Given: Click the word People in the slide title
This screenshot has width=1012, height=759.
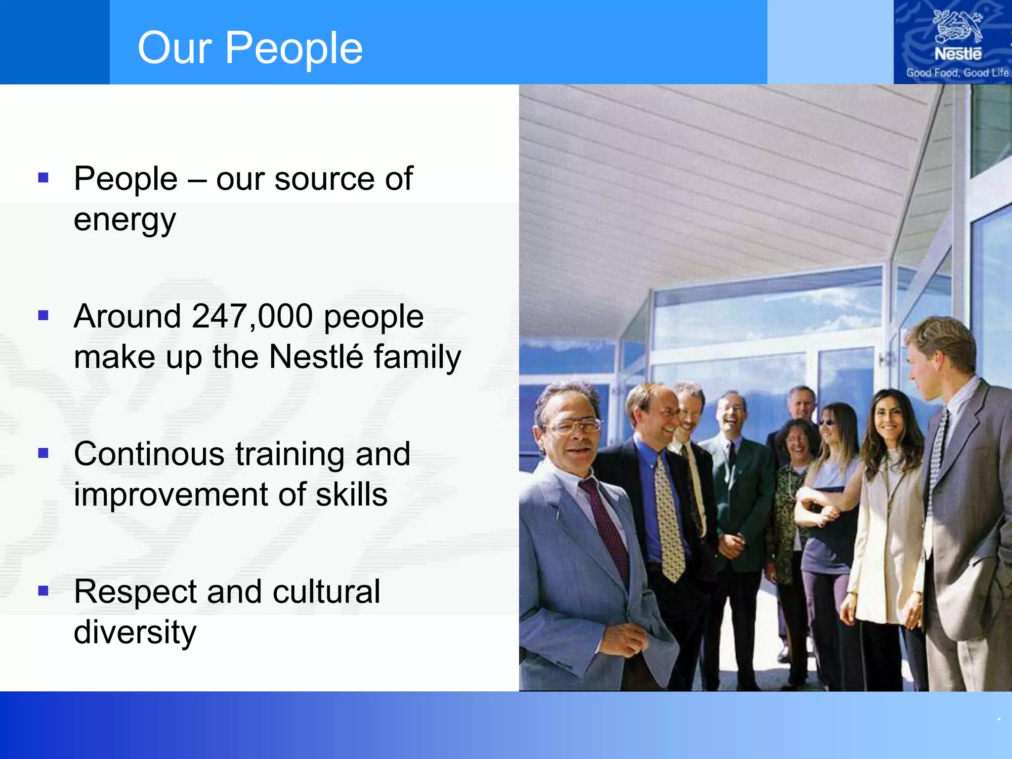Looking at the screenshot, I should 294,48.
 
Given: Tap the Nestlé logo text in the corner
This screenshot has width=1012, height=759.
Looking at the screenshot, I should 958,53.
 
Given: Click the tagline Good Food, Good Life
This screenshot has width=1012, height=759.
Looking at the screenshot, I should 957,73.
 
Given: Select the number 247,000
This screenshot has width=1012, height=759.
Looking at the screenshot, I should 252,316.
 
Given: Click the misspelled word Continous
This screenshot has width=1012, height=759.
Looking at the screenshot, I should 149,454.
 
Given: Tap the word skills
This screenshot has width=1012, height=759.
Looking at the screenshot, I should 351,495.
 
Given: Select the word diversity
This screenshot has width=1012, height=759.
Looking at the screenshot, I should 135,632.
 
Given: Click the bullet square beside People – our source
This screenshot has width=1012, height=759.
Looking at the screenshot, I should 43,177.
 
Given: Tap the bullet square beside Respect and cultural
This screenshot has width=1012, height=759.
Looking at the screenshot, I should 43,590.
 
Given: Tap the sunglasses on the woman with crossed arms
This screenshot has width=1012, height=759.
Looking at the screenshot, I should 826,422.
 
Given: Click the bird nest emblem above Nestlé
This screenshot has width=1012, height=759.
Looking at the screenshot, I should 957,27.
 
